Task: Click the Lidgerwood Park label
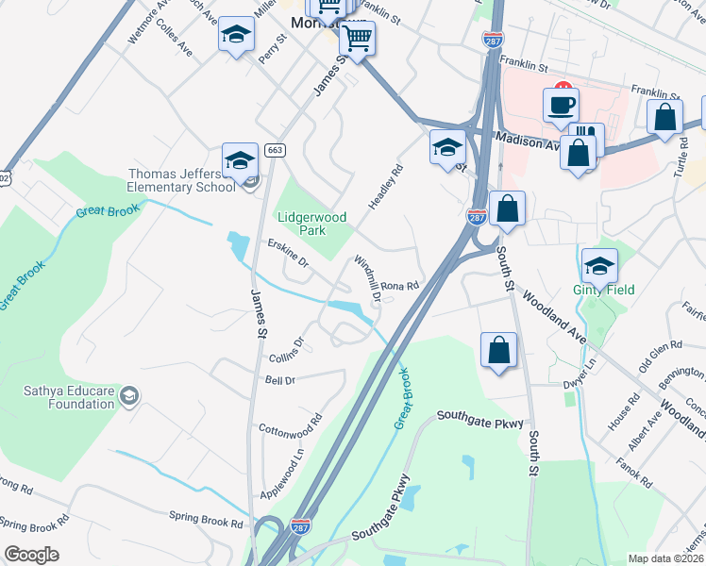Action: [x=306, y=223]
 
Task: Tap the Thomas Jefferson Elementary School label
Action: [x=181, y=180]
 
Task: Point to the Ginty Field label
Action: [x=604, y=290]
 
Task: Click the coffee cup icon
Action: [x=561, y=104]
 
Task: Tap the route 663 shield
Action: [x=275, y=150]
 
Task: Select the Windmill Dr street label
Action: [x=367, y=277]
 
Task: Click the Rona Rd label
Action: [x=399, y=286]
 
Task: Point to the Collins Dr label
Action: [x=288, y=350]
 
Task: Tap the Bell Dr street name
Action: [x=280, y=379]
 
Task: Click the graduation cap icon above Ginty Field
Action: [x=599, y=266]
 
